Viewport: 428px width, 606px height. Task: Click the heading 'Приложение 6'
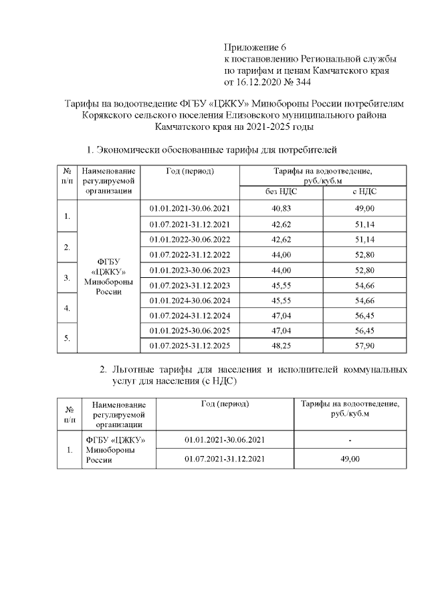click(254, 48)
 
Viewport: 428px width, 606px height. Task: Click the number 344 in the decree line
click(299, 82)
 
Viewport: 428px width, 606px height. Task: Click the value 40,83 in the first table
click(280, 208)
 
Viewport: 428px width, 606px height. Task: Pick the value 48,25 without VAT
click(280, 346)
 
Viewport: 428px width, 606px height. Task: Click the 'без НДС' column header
click(280, 192)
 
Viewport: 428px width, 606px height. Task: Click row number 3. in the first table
click(67, 277)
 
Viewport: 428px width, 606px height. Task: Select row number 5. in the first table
click(67, 338)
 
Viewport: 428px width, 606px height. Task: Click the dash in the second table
click(350, 440)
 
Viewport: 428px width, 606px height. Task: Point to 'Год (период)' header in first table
click(189, 171)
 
